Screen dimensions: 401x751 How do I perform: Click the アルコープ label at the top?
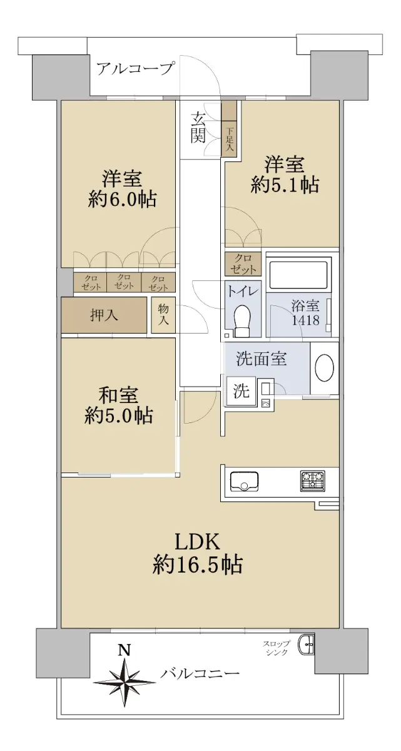point(136,69)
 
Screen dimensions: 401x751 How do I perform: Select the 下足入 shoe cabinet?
point(230,129)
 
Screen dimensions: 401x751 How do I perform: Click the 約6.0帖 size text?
point(122,200)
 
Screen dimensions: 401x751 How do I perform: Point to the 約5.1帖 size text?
point(285,185)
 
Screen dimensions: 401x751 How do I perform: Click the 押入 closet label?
point(104,315)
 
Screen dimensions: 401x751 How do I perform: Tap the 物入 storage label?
point(163,315)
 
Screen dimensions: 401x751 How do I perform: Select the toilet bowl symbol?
point(243,320)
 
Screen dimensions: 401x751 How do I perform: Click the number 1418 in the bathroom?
point(305,320)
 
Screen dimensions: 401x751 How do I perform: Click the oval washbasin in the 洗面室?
point(324,368)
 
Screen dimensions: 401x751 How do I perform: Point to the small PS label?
point(265,403)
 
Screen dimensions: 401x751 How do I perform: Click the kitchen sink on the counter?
point(244,481)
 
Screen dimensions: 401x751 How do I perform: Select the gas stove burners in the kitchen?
point(313,481)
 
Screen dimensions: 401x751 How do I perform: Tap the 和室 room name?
point(118,396)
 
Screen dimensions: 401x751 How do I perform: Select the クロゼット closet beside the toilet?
point(243,264)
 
